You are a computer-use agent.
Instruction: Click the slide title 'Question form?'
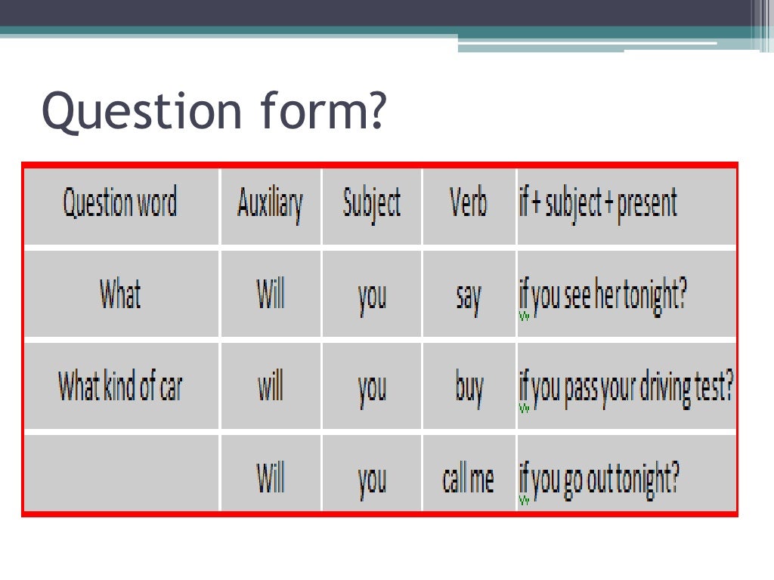[214, 110]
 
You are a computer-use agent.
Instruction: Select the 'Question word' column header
[120, 204]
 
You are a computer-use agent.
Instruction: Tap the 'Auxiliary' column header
[270, 204]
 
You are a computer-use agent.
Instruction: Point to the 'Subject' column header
[371, 204]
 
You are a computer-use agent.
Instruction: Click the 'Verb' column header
[469, 204]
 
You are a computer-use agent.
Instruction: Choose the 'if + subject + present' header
[597, 204]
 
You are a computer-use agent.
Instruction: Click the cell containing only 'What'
[120, 295]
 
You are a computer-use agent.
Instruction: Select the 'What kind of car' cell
[120, 387]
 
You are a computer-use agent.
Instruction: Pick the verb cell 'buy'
[469, 389]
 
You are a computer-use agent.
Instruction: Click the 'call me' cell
[469, 479]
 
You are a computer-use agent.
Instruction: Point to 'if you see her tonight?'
[602, 297]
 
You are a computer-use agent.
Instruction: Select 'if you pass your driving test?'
[626, 388]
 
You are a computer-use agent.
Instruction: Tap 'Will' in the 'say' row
[270, 295]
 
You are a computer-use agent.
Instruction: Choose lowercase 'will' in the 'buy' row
[270, 387]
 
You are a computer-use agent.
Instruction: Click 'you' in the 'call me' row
[371, 481]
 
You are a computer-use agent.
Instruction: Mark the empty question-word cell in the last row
[121, 474]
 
